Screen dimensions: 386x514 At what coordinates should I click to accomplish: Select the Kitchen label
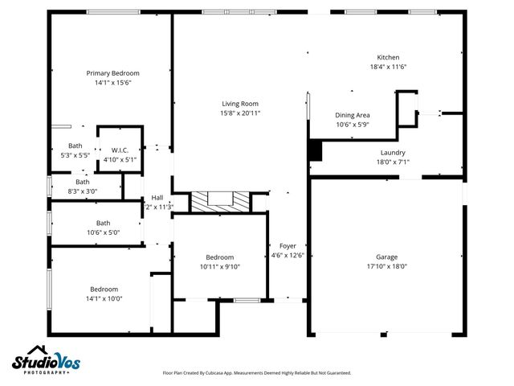click(x=389, y=57)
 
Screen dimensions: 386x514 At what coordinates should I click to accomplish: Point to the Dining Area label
click(x=352, y=115)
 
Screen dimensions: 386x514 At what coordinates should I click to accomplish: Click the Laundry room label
click(x=393, y=152)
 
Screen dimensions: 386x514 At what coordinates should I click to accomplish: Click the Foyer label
click(x=288, y=245)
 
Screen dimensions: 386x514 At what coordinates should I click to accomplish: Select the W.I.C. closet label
click(x=120, y=150)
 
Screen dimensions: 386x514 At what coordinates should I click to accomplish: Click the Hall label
click(x=157, y=198)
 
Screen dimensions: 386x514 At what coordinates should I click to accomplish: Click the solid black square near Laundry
click(x=315, y=150)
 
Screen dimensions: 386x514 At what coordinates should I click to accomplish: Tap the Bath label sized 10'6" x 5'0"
click(x=104, y=223)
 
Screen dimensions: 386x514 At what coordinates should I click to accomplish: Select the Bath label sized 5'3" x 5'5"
click(x=75, y=146)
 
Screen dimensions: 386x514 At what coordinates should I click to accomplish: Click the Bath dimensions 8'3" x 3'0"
click(x=81, y=191)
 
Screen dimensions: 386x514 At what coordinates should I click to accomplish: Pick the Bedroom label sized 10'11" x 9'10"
click(x=220, y=266)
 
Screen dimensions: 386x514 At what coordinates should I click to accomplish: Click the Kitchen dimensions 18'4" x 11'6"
click(x=389, y=67)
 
